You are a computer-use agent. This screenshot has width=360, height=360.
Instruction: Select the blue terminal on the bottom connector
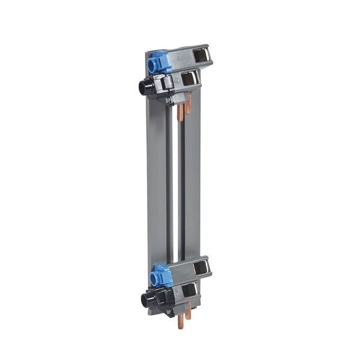160,275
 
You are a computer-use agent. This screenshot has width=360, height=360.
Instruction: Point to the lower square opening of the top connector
189,79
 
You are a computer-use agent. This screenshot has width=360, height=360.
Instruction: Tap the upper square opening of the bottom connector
199,268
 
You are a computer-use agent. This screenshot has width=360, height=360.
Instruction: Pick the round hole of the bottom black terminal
144,300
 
